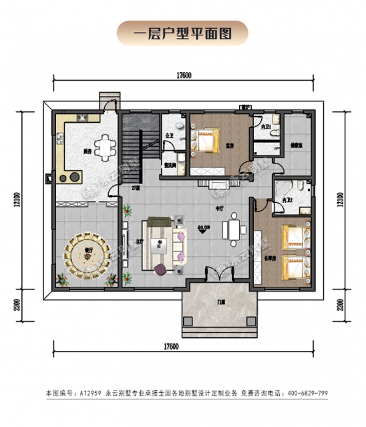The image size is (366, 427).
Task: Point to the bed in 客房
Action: [204, 140]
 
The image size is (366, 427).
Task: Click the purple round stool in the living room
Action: [161, 268]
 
